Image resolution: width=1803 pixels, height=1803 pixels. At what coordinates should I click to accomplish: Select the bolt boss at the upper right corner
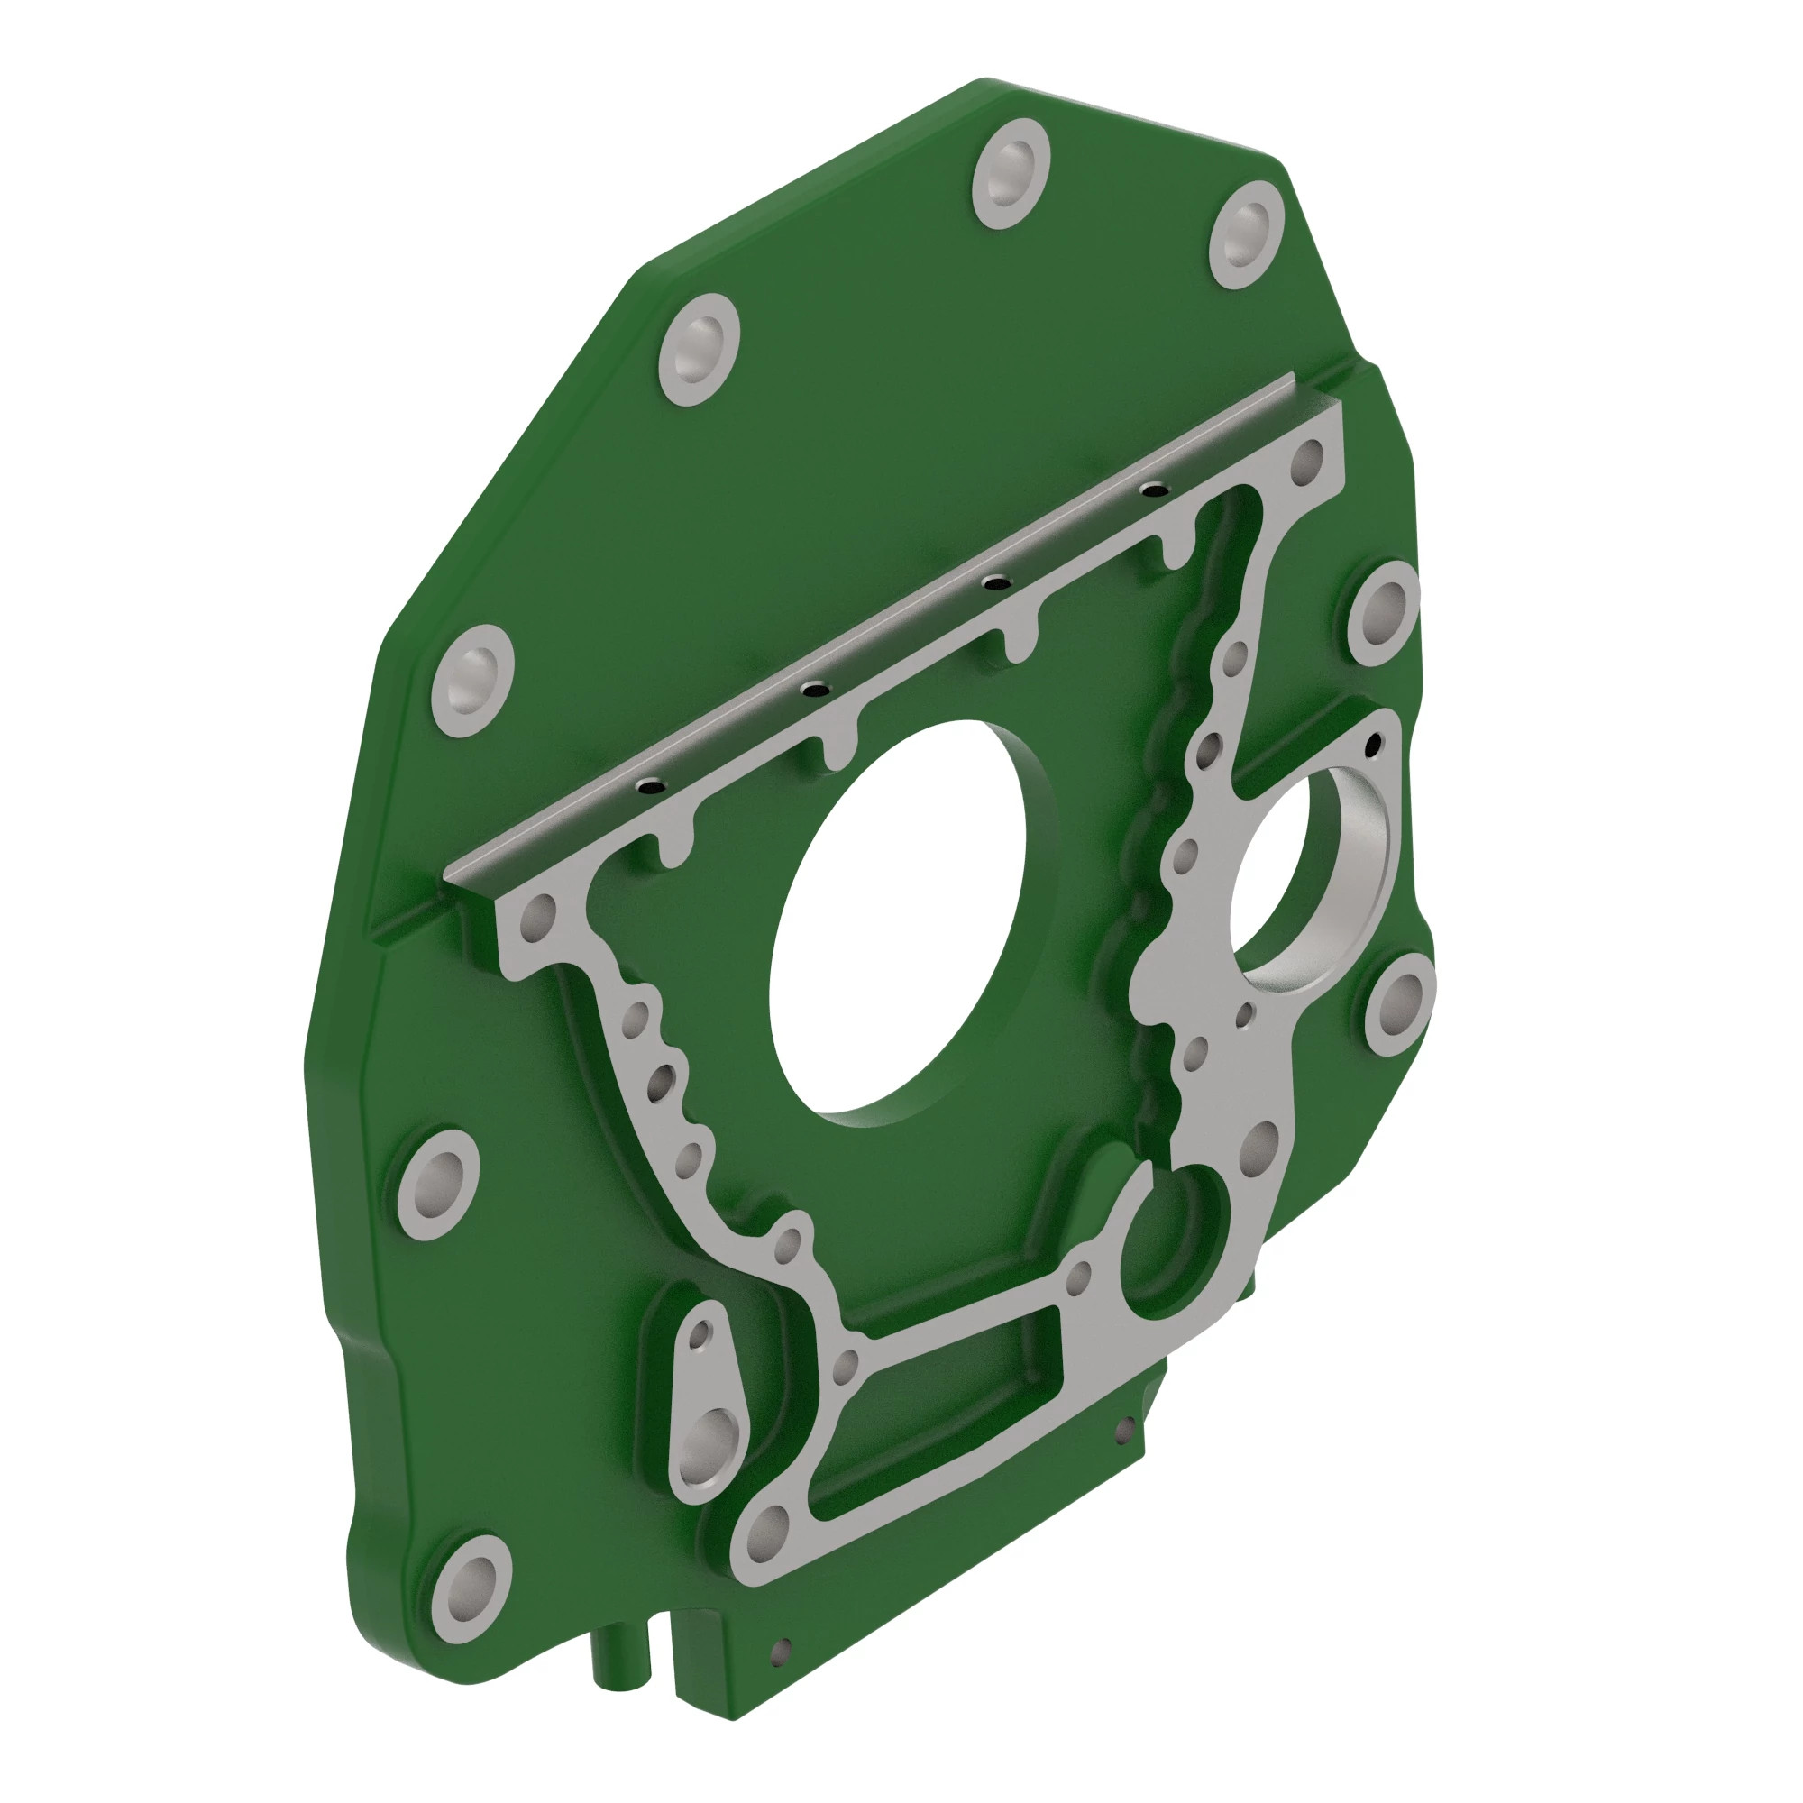[1246, 234]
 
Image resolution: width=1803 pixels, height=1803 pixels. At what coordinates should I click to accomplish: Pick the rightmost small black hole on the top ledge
[1156, 489]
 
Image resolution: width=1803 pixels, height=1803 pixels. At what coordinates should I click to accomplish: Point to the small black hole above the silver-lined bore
[1373, 745]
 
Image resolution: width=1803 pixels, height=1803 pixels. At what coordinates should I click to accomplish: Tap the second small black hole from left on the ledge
[816, 690]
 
